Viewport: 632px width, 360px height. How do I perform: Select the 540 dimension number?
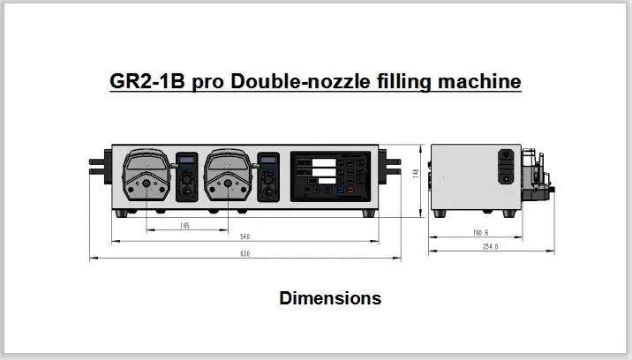pos(243,237)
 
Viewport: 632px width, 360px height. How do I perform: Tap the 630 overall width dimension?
pos(244,255)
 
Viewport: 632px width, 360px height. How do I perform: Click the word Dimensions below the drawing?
pos(330,298)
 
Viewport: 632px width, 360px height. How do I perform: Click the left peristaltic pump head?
pos(145,178)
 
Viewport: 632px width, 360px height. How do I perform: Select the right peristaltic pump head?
pos(227,178)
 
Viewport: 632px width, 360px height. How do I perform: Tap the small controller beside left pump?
pos(185,176)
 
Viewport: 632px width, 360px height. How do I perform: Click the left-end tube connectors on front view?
pos(98,164)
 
